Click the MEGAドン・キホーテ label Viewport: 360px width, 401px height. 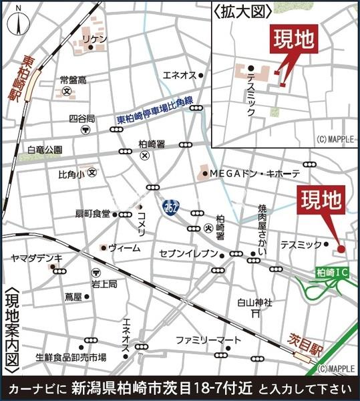point(254,173)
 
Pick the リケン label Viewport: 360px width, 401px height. point(94,39)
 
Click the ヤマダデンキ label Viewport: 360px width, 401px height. point(36,258)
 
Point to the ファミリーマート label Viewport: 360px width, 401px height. point(208,340)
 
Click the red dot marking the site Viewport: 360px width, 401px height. point(341,249)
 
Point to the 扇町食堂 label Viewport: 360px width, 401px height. point(92,215)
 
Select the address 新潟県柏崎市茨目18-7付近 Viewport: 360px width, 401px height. point(162,389)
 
